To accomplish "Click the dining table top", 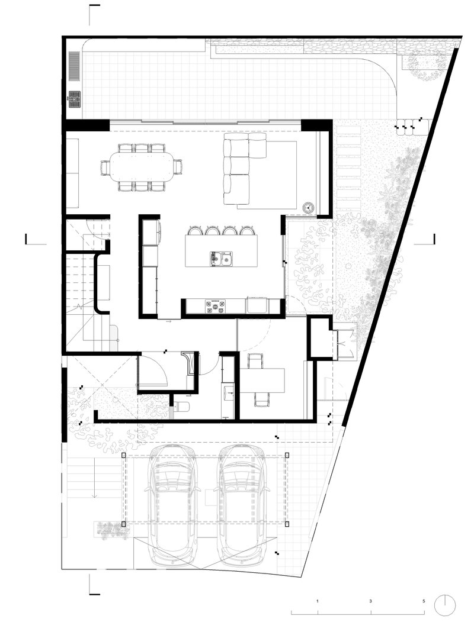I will coord(141,167).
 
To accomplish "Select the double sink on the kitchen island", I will coord(220,258).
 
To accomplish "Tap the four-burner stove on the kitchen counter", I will coord(215,306).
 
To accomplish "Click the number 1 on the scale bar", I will coord(318,601).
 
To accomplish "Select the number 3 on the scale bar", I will coord(371,601).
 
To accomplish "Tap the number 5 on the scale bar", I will coord(424,601).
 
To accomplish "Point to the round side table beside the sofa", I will coord(309,208).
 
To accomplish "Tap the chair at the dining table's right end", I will coord(178,167).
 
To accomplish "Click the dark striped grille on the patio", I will coord(74,65).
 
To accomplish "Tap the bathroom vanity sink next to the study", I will coord(228,391).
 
